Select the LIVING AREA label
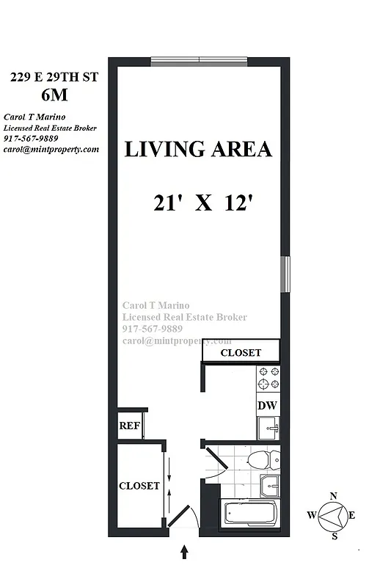(198, 150)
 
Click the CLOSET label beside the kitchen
(241, 353)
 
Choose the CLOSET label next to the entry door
(139, 486)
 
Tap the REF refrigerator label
(130, 426)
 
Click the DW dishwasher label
(266, 406)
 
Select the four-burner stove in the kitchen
(268, 378)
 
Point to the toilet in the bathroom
(261, 460)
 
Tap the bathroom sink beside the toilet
(270, 486)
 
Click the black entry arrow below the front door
(184, 551)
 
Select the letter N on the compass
(334, 497)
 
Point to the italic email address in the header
(51, 149)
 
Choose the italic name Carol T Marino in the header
(34, 117)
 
